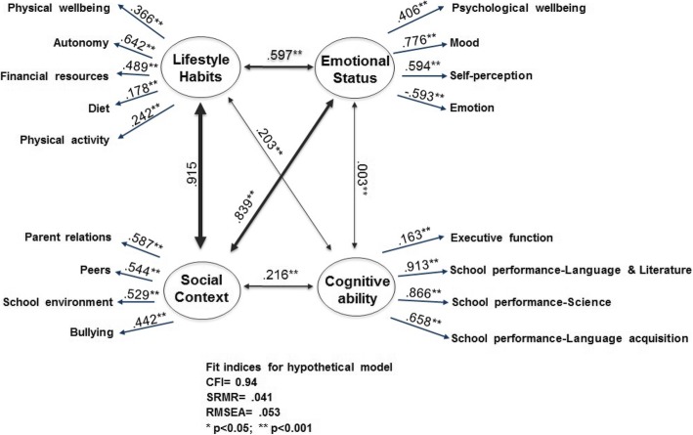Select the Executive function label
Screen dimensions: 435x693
[503, 237]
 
